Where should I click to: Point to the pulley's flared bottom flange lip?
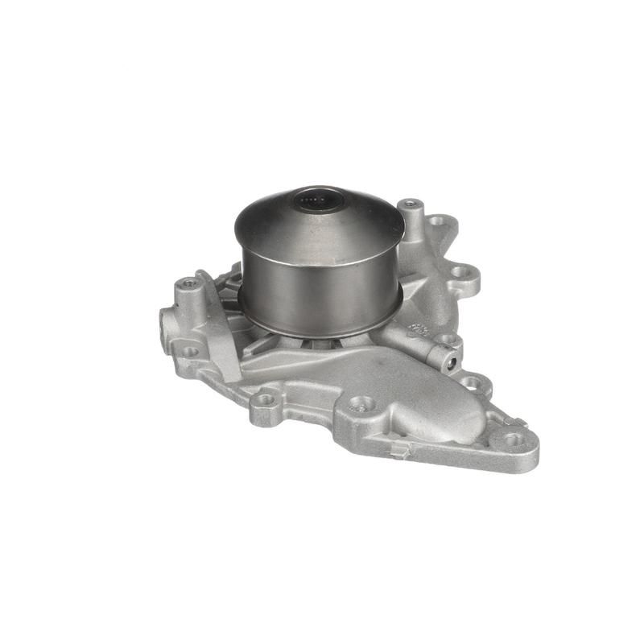322,329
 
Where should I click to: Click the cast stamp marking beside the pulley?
418,329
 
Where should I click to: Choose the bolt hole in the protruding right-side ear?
461,272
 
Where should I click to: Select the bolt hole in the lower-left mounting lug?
265,398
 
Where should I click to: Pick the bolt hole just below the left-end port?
190,351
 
